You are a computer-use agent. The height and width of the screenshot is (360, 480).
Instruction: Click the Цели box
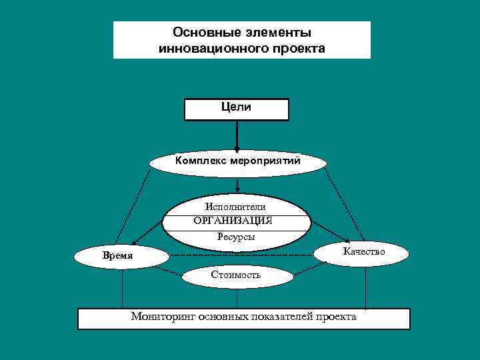pyautogui.click(x=237, y=109)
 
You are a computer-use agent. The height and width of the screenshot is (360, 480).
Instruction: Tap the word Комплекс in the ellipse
pyautogui.click(x=201, y=160)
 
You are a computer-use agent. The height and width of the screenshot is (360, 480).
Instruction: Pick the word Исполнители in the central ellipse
pyautogui.click(x=235, y=207)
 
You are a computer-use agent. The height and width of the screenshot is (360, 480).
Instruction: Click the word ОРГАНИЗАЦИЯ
pyautogui.click(x=233, y=221)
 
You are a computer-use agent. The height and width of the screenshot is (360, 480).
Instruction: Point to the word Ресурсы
pyautogui.click(x=235, y=236)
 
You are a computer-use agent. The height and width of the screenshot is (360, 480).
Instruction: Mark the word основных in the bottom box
pyautogui.click(x=223, y=317)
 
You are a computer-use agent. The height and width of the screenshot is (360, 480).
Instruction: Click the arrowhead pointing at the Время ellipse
pyautogui.click(x=134, y=243)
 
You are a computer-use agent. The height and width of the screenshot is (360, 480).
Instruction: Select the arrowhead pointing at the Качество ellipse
pyautogui.click(x=347, y=240)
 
